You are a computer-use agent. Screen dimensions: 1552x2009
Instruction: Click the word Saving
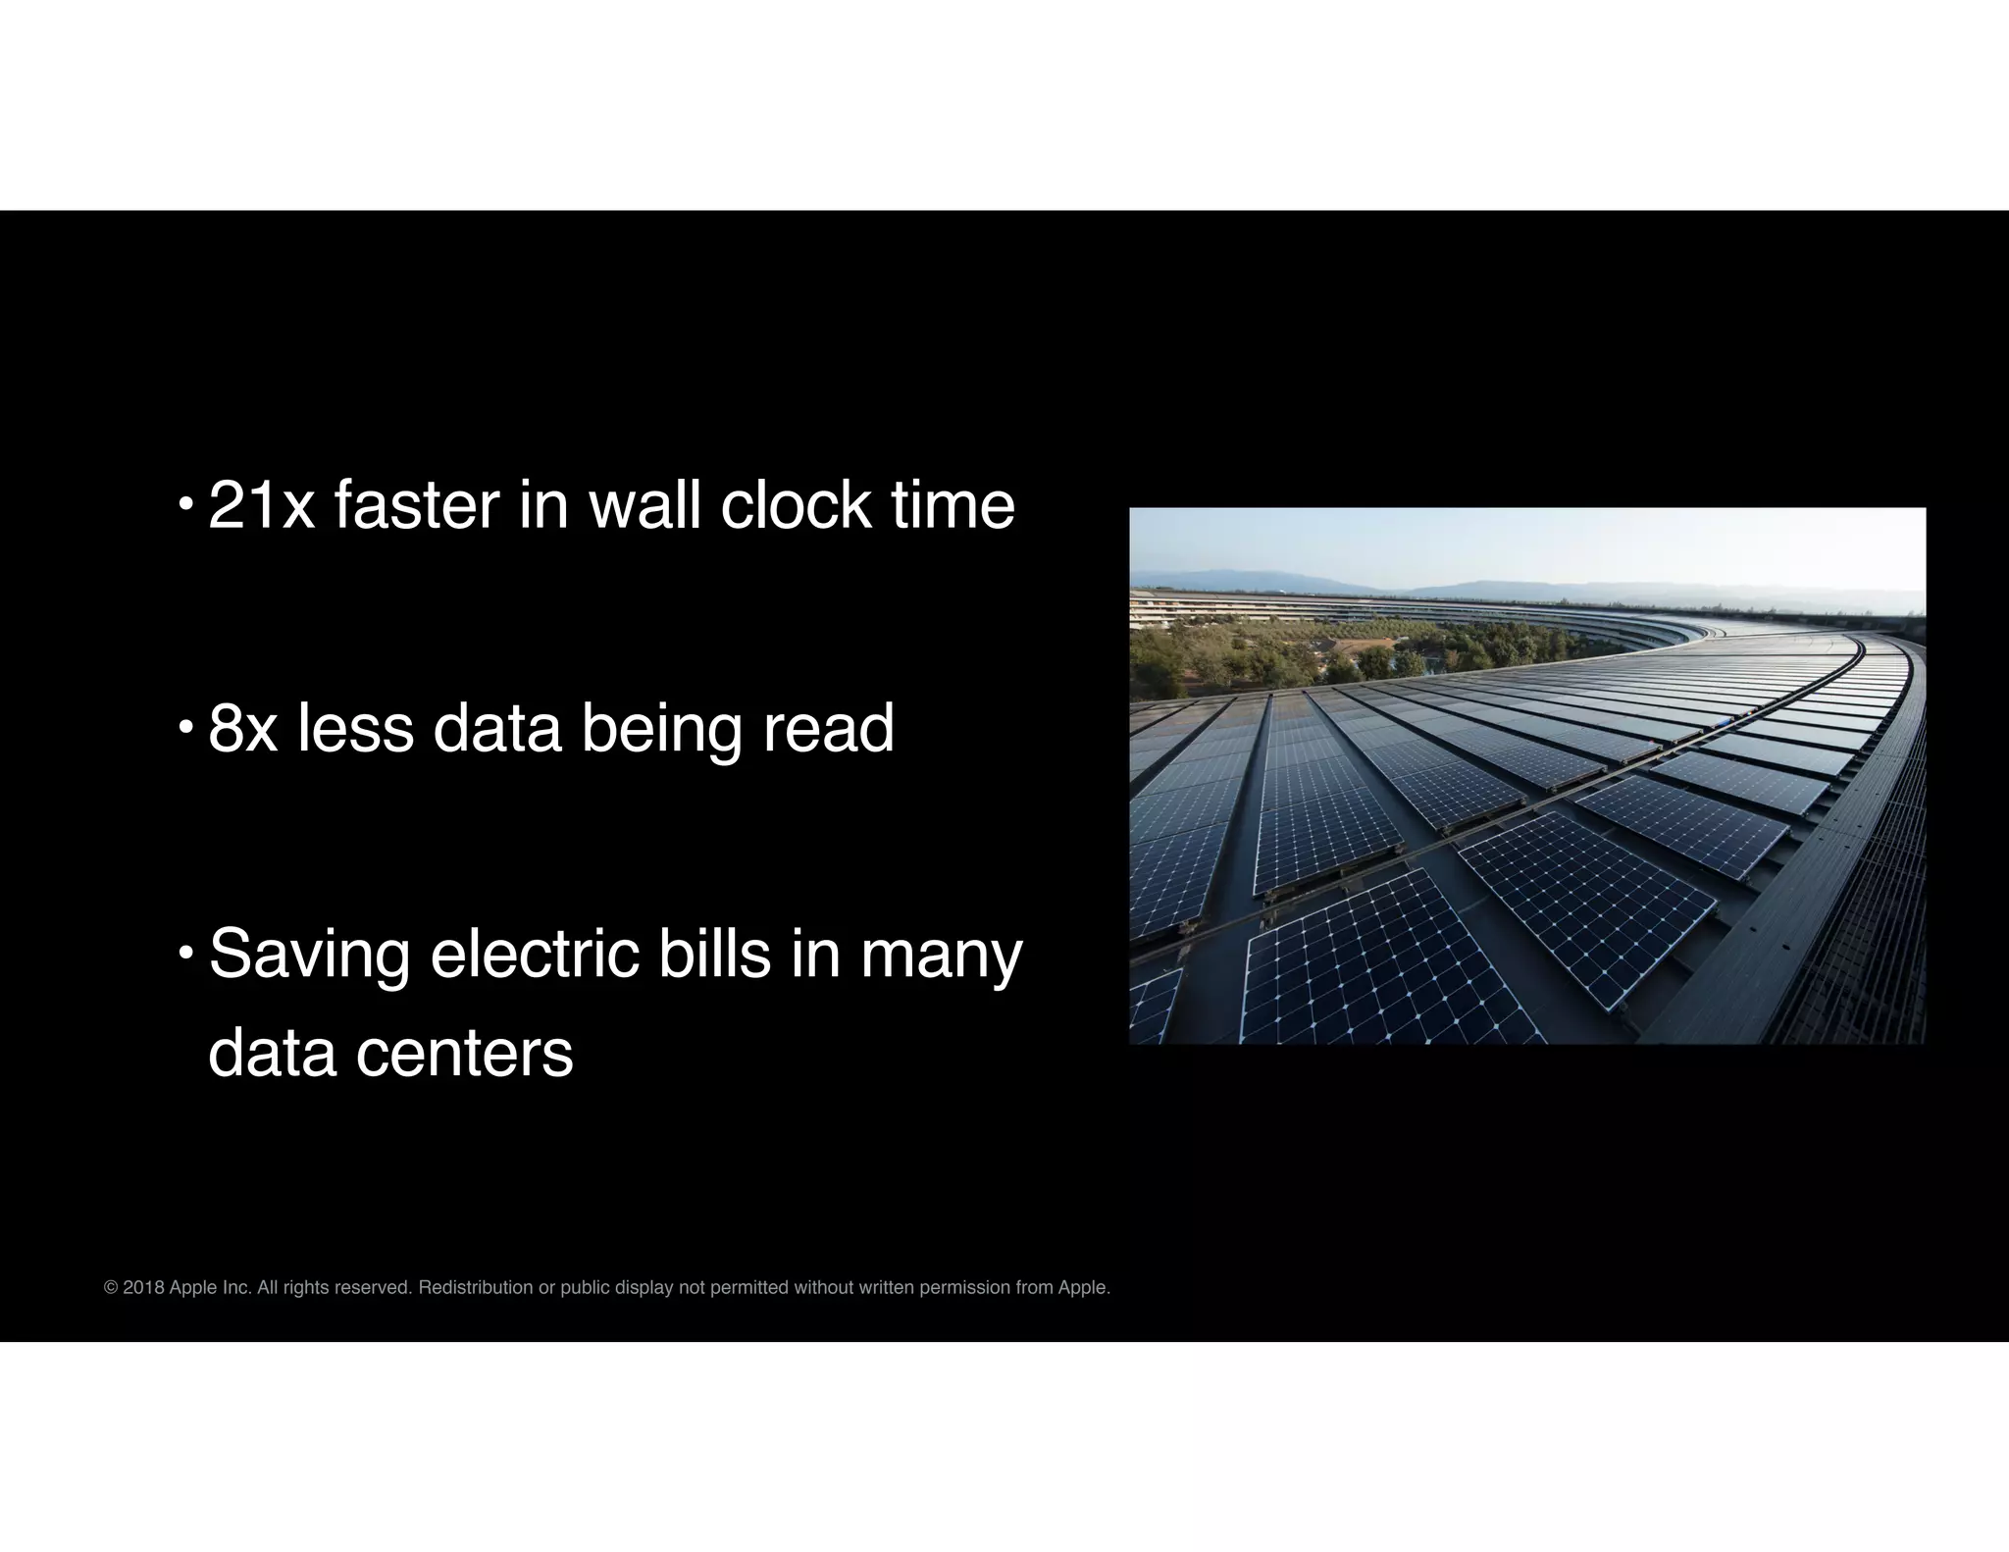click(x=309, y=955)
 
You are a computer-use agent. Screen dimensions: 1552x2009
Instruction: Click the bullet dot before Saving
click(x=185, y=954)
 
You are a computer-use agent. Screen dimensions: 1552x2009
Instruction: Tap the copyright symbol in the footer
click(x=111, y=1288)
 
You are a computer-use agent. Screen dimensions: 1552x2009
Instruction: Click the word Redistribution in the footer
click(x=476, y=1288)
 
